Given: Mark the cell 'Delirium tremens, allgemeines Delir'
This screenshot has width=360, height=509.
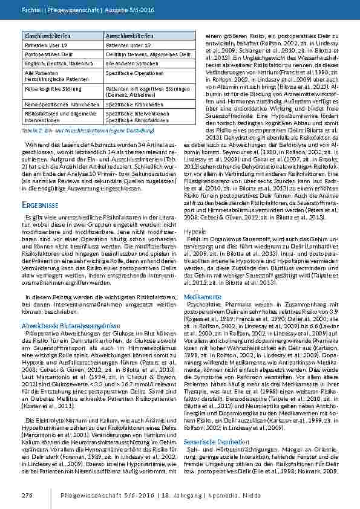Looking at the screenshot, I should tap(142, 54).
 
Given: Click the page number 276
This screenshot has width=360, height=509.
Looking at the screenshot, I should tap(28, 494).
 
